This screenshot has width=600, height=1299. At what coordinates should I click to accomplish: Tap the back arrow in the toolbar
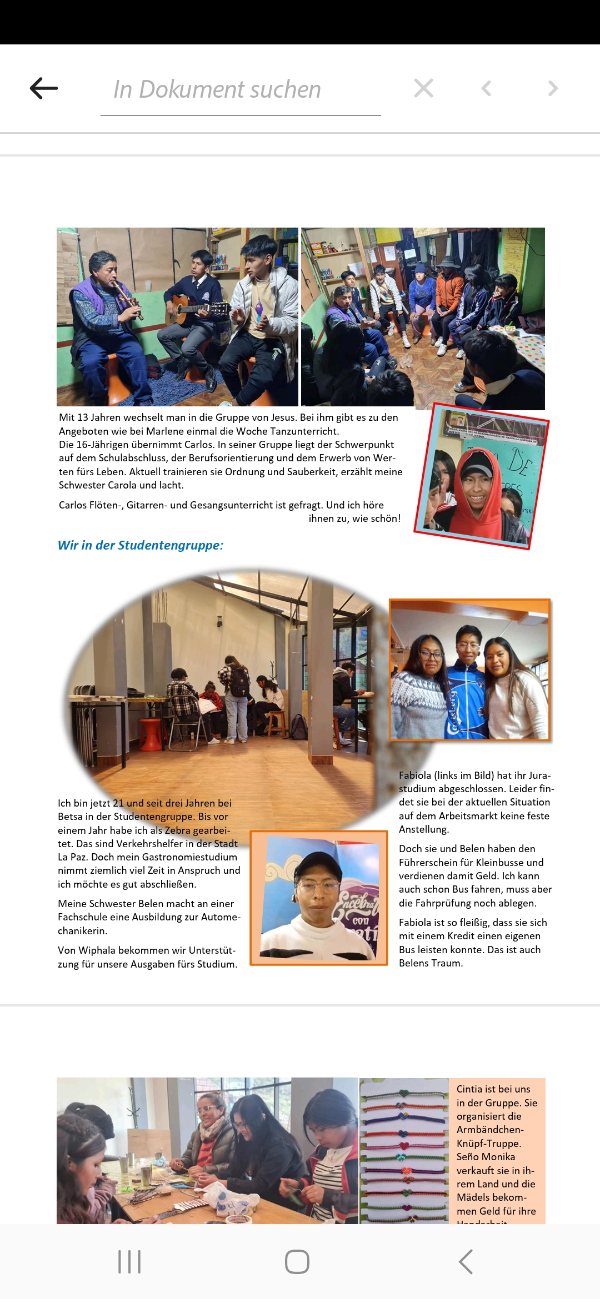point(44,88)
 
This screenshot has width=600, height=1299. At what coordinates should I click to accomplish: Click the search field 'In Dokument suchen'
point(240,89)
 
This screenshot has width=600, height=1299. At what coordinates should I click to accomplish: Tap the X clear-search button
point(423,88)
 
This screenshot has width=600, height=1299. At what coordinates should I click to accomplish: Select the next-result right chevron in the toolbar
point(552,88)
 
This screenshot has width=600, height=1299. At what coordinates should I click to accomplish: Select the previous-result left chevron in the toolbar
point(486,88)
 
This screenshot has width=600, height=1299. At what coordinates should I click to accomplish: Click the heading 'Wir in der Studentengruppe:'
point(141,545)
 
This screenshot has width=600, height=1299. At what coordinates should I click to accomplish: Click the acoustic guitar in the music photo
point(194,306)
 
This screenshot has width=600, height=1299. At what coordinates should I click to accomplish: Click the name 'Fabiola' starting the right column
point(414,776)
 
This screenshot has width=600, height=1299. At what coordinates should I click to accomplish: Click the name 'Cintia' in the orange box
point(470,1089)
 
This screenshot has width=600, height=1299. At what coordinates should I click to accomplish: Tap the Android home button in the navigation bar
point(297,1262)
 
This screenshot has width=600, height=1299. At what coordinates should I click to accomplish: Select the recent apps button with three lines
point(129,1262)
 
